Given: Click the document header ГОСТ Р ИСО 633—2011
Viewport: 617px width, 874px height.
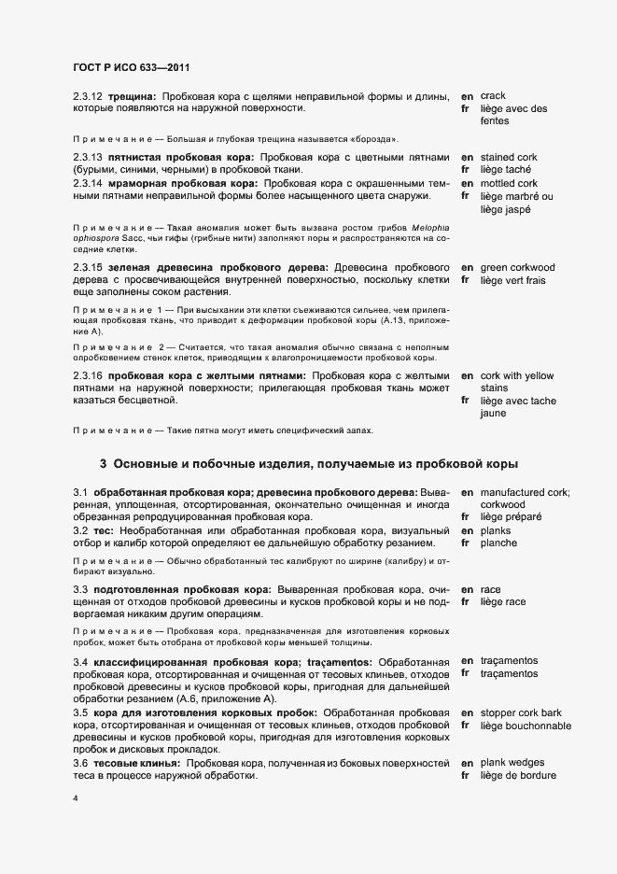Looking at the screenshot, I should (x=133, y=68).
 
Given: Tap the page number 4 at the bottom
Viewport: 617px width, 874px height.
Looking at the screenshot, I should (x=76, y=798).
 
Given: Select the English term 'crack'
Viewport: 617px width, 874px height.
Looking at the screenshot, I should (x=493, y=96).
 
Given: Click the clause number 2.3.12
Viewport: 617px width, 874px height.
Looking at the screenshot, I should (x=88, y=96).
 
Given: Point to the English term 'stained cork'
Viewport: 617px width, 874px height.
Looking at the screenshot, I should (x=511, y=157).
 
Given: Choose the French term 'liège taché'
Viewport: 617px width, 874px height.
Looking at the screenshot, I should (x=507, y=170).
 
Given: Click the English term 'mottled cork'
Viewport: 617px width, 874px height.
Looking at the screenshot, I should (x=510, y=183).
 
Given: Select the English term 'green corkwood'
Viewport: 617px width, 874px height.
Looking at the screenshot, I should (x=517, y=267).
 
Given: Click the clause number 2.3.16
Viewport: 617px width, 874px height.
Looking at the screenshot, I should (x=88, y=374).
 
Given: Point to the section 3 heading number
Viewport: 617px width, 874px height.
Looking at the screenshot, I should (x=104, y=463).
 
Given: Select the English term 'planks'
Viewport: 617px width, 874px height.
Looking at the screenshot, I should (x=497, y=530).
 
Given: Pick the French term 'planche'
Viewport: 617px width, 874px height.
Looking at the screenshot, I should (x=498, y=543).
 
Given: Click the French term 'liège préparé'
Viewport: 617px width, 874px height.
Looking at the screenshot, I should (x=512, y=516).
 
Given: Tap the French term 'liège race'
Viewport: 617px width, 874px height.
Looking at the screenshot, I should (x=503, y=602).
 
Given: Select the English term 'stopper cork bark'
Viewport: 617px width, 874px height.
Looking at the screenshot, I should (x=524, y=712).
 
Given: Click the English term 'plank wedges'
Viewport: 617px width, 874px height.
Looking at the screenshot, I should (x=512, y=763).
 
